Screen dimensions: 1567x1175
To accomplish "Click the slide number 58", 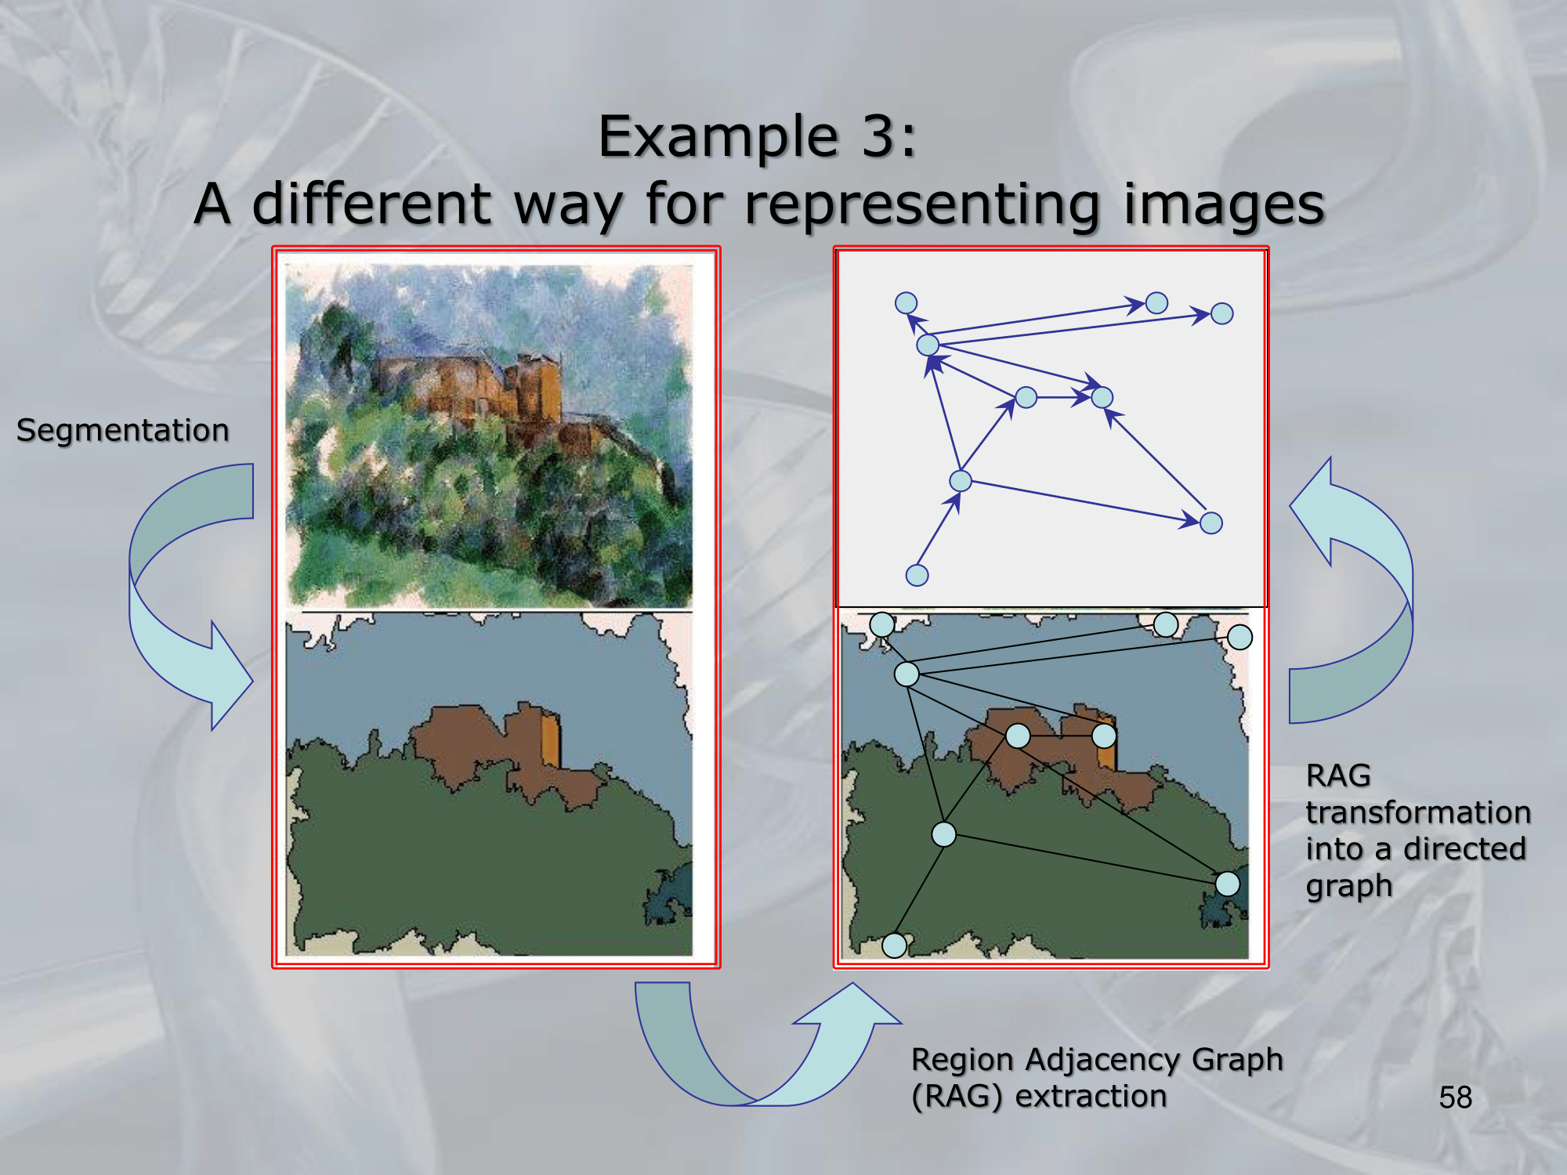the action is (x=1455, y=1097).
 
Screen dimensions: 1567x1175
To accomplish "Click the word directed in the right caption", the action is (x=1464, y=848).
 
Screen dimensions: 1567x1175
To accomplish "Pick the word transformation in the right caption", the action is (x=1418, y=812).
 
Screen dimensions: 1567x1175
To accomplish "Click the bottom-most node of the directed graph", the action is (x=917, y=575).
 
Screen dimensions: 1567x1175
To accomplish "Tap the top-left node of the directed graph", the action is (x=906, y=303).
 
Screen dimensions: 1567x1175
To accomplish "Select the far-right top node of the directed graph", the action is (x=1221, y=313).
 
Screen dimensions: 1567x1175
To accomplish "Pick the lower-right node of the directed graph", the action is (x=1211, y=522).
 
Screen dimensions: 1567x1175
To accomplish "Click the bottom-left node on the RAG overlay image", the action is (x=894, y=945).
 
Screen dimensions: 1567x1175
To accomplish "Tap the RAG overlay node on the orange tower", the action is (x=1104, y=736).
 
